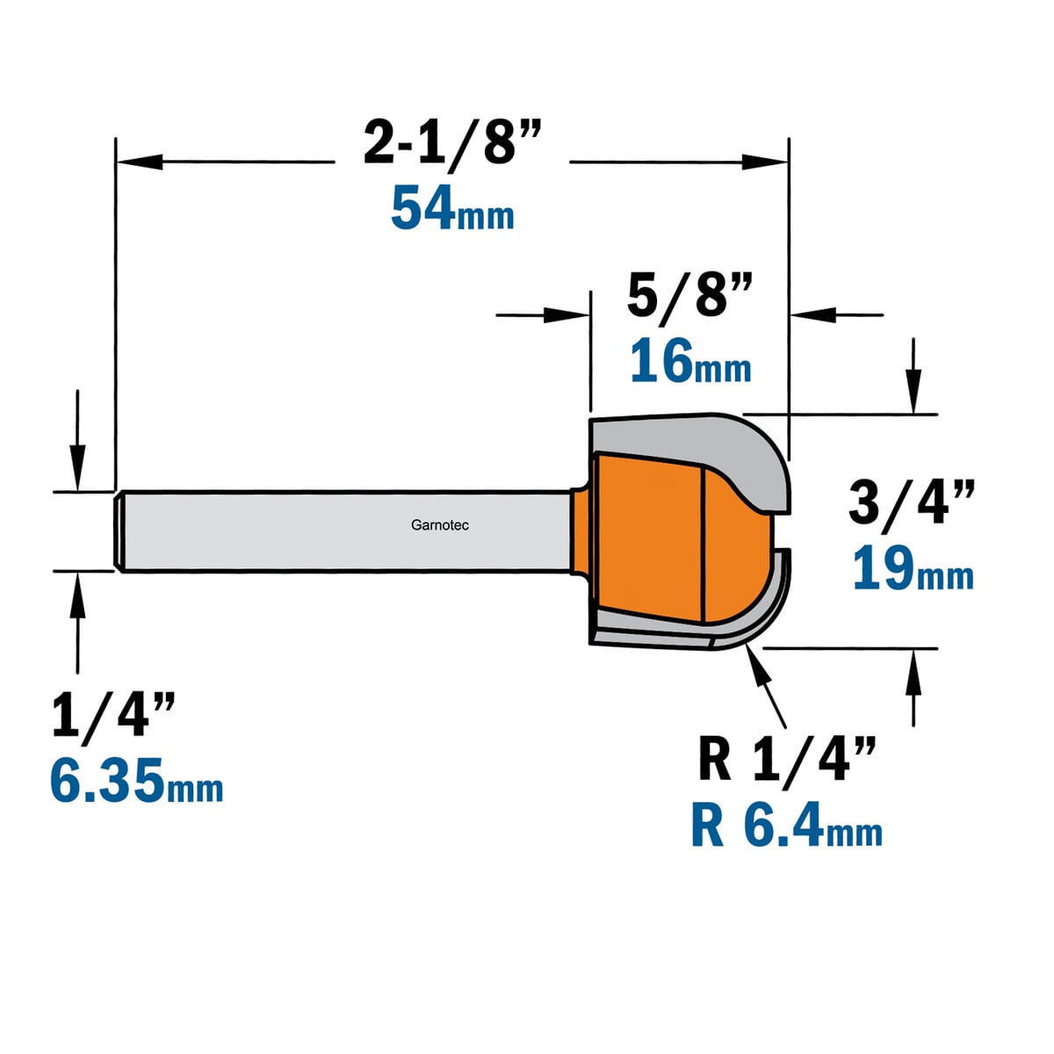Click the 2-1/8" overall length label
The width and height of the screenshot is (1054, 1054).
pos(452,143)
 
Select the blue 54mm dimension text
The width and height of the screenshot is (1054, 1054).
pos(452,208)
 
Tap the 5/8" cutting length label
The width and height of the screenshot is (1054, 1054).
pos(689,295)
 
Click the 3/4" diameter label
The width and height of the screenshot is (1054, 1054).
pos(911,502)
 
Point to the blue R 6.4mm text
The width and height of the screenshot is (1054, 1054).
pos(786,824)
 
